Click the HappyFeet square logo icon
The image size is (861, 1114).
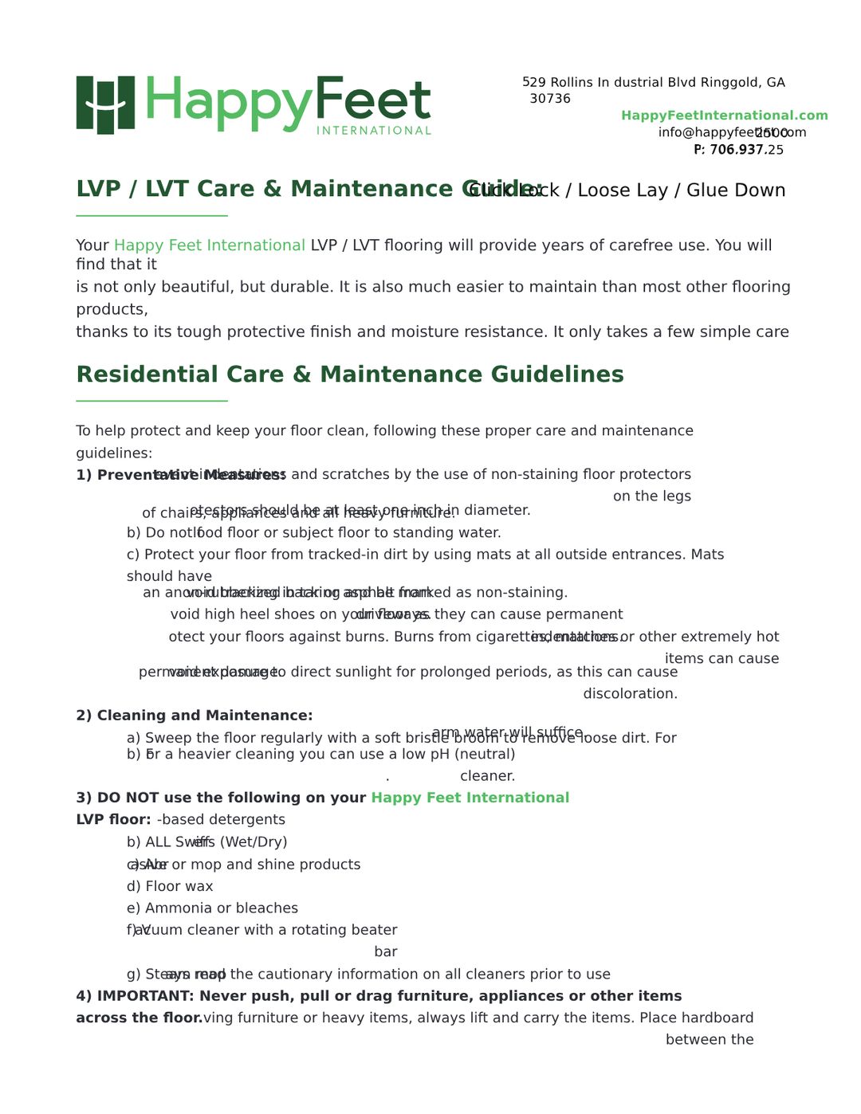(105, 104)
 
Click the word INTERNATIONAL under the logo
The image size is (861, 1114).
(373, 131)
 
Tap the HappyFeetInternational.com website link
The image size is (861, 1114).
(724, 116)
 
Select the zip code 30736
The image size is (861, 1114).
(550, 99)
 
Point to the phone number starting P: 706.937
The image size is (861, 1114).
(737, 150)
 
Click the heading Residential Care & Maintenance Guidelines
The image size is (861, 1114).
(349, 375)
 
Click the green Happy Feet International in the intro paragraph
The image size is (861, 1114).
(209, 245)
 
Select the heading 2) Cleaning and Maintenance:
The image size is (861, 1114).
(194, 716)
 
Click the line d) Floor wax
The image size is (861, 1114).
(170, 886)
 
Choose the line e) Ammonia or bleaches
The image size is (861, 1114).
(212, 908)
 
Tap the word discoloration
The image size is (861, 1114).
(630, 694)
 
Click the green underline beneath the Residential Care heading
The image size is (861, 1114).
(151, 401)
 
